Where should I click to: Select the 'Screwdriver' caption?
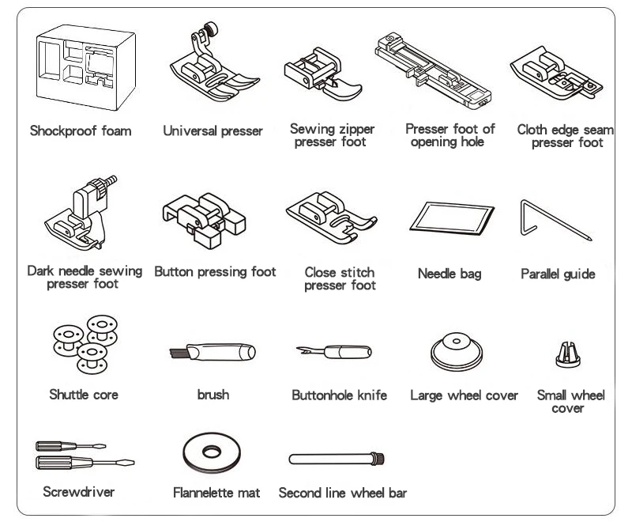click(78, 492)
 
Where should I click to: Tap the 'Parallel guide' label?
click(558, 274)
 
